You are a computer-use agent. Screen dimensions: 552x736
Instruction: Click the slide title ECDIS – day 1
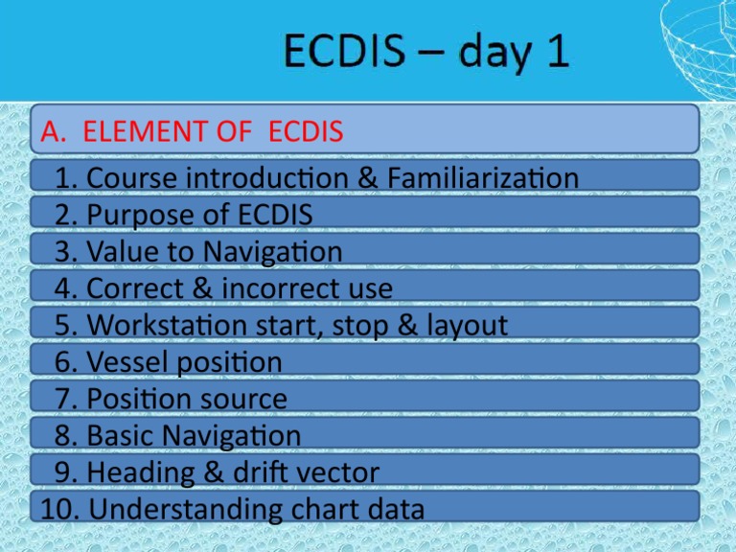pyautogui.click(x=425, y=53)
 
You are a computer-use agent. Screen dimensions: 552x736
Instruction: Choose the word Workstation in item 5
pyautogui.click(x=156, y=326)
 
